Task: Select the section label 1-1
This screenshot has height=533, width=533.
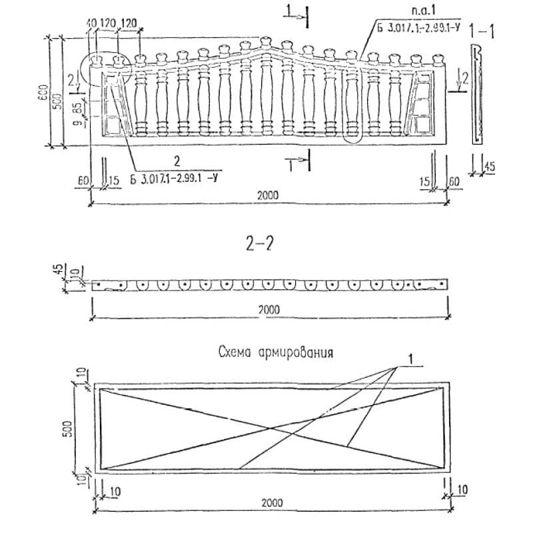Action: (x=481, y=31)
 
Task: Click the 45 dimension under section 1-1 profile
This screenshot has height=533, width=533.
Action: (x=490, y=167)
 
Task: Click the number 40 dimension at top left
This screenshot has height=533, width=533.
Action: (x=92, y=23)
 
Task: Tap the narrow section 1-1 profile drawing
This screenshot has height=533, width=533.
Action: (x=476, y=93)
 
